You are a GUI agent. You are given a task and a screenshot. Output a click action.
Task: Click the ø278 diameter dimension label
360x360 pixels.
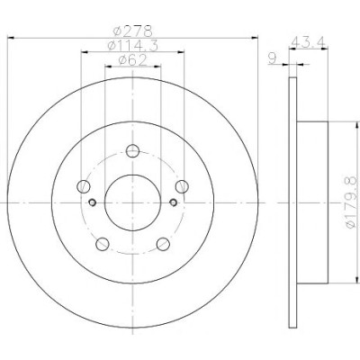[132, 31]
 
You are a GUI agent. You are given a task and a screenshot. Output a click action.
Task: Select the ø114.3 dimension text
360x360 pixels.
[132, 45]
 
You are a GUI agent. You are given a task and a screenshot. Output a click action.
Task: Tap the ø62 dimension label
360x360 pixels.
[132, 60]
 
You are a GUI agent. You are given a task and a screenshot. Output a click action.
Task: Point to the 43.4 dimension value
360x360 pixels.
[308, 40]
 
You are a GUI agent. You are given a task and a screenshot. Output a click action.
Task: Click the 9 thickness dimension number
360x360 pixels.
[272, 58]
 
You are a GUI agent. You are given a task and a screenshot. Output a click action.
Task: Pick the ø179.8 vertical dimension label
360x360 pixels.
[350, 202]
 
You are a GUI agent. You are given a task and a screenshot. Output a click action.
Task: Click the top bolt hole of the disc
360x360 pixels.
[132, 151]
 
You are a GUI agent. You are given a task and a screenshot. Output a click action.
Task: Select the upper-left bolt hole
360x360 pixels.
[84, 186]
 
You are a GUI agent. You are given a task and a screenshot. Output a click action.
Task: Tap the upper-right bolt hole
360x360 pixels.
[182, 186]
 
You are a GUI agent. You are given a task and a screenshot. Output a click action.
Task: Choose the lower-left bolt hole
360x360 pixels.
[103, 244]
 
